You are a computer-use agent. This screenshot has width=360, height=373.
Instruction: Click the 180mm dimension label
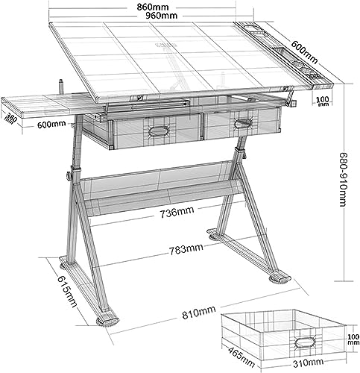[10, 118]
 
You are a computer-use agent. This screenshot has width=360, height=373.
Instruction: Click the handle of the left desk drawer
[159, 131]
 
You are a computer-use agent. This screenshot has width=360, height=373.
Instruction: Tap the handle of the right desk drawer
[243, 122]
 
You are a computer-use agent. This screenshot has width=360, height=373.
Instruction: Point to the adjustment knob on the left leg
[67, 175]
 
